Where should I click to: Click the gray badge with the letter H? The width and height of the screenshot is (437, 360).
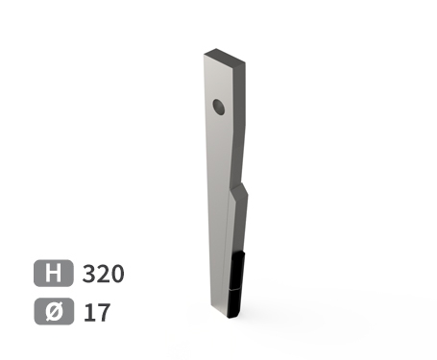pos(53,273)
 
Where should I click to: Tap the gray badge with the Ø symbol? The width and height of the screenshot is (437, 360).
pos(54,311)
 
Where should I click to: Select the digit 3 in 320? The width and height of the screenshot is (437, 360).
pos(89,274)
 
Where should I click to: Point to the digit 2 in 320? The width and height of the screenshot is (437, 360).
pos(103,274)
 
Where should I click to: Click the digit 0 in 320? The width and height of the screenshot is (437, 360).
pos(117,274)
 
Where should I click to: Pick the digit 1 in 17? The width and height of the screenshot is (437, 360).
pos(88,312)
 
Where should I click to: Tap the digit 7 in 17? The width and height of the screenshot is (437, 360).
pos(103,313)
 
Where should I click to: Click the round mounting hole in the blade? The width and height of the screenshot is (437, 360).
pos(219,107)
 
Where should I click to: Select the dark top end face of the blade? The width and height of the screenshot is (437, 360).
pos(225,56)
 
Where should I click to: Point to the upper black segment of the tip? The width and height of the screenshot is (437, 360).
pos(237,271)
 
